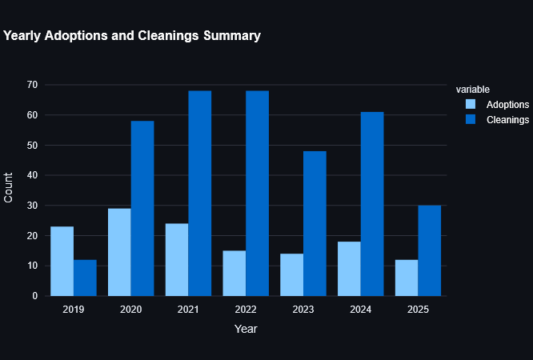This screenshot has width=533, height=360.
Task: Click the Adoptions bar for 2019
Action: pyautogui.click(x=62, y=261)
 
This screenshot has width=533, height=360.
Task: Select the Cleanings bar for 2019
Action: pyautogui.click(x=85, y=278)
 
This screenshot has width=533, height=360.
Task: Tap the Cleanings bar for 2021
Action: pyautogui.click(x=199, y=193)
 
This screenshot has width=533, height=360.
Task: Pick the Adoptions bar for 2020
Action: pyautogui.click(x=119, y=252)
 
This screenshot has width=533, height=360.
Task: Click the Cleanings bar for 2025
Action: pyautogui.click(x=429, y=250)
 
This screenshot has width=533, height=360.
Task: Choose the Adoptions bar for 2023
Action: pyautogui.click(x=291, y=274)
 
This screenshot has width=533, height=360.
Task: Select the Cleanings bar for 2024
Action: pyautogui.click(x=372, y=204)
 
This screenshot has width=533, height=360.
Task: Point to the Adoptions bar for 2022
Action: pyautogui.click(x=234, y=273)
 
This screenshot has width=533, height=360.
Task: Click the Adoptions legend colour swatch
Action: pyautogui.click(x=471, y=104)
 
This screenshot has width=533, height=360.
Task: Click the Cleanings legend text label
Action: pyautogui.click(x=507, y=119)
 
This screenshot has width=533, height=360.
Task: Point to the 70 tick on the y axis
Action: pyautogui.click(x=32, y=85)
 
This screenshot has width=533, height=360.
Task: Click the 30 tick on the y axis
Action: pyautogui.click(x=32, y=206)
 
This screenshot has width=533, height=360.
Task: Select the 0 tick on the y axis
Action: pyautogui.click(x=34, y=296)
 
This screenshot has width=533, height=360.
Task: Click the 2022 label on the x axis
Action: pyautogui.click(x=246, y=309)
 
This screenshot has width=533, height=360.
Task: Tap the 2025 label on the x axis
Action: pyautogui.click(x=418, y=309)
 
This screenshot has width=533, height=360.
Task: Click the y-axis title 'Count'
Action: pyautogui.click(x=9, y=187)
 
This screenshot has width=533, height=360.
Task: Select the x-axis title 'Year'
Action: pyautogui.click(x=246, y=328)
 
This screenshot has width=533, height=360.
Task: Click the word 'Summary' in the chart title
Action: pyautogui.click(x=230, y=36)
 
